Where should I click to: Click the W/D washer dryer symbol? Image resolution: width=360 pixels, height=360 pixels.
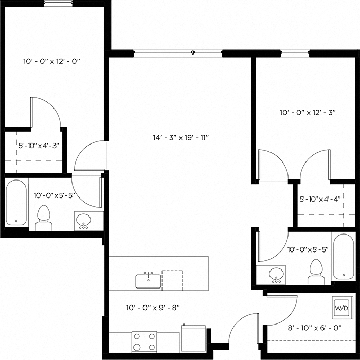tap(341, 308)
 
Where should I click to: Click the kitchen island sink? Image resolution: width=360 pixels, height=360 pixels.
tap(148, 281)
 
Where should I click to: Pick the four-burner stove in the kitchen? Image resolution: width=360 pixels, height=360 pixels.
tap(145, 340)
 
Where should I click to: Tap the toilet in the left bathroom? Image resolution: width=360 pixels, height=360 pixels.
tap(44, 218)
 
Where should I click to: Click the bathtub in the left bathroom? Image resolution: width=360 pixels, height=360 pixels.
tap(16, 203)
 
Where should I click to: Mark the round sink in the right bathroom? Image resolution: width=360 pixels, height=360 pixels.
tap(277, 274)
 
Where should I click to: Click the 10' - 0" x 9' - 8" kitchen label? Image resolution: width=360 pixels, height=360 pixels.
tap(152, 308)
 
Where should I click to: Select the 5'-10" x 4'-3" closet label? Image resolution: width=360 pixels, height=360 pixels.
tap(39, 146)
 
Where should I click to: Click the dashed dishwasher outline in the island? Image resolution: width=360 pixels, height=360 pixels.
tap(172, 280)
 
